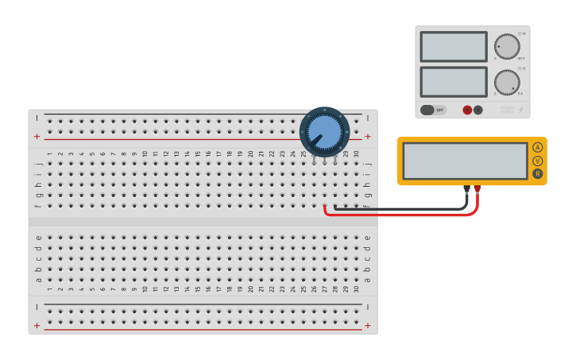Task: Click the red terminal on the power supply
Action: point(467,110)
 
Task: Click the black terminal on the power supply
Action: point(478,110)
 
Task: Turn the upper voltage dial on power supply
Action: point(506,47)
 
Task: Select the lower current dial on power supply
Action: point(506,83)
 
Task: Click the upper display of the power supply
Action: point(453,47)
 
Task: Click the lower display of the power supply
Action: point(453,82)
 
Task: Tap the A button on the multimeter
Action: point(538,147)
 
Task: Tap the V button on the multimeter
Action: point(538,161)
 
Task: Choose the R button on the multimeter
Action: point(538,174)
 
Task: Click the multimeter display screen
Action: point(465,161)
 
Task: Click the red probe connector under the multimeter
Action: point(477,189)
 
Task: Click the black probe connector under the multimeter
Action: point(467,189)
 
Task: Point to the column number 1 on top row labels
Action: point(49,154)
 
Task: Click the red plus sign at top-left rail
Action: point(37,137)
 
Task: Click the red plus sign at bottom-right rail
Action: point(367,326)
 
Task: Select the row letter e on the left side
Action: point(38,238)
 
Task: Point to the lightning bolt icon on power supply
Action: point(520,110)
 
